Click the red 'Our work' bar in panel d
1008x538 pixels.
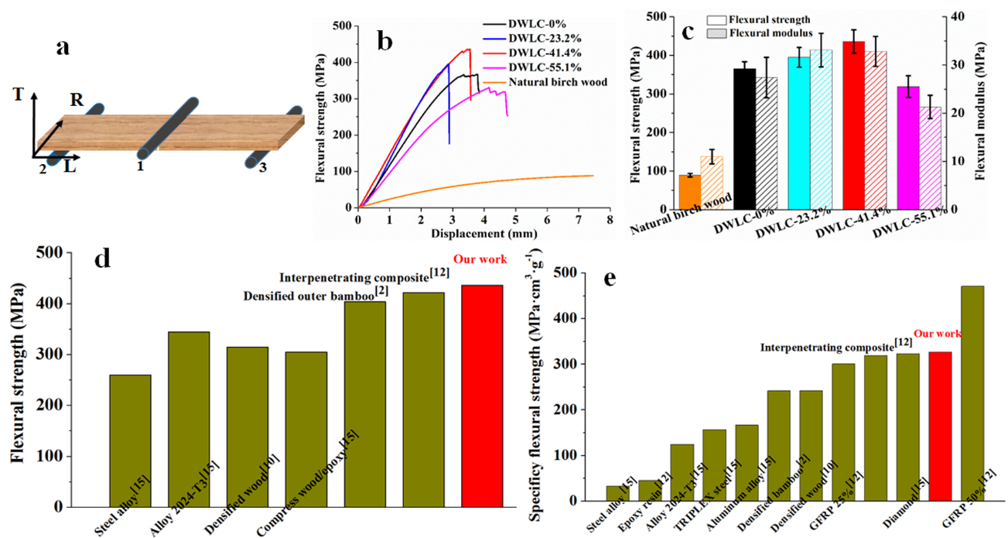pos(481,395)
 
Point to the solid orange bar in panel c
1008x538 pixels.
pos(689,192)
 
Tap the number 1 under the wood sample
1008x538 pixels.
pos(140,166)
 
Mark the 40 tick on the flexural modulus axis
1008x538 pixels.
pos(956,16)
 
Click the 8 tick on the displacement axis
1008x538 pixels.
pos(610,221)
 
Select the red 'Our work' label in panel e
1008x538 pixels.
pos(938,334)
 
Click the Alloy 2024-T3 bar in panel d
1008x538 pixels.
pos(189,418)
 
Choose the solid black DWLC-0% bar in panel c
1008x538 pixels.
pos(744,139)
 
